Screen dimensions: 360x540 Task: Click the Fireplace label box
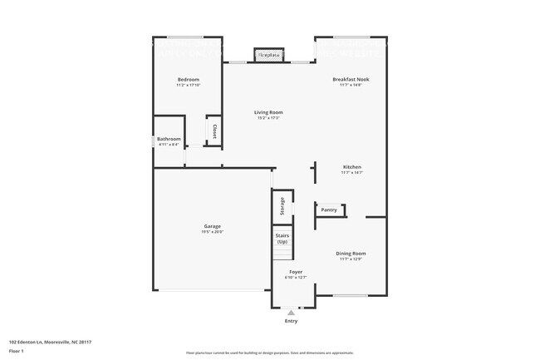point(268,55)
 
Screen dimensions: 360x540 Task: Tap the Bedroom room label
point(187,79)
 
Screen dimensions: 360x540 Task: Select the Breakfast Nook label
point(351,79)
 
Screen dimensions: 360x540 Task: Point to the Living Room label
point(268,112)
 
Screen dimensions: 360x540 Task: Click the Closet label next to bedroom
point(214,131)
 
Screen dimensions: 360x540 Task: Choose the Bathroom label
point(169,139)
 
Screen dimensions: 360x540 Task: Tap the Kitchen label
point(351,167)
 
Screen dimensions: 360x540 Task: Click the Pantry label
point(329,210)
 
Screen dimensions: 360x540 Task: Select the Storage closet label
point(282,205)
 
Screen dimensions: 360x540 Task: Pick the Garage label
point(213,226)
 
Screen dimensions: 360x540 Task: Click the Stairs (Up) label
point(282,238)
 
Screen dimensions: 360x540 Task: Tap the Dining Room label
point(351,254)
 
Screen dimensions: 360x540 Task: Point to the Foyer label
point(296,272)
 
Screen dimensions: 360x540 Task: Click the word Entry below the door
point(291,321)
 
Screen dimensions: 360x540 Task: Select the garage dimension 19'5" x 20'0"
point(213,232)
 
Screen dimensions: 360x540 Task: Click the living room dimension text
point(268,118)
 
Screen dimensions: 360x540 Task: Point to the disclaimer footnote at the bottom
point(269,353)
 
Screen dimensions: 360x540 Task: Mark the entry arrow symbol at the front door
point(291,312)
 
